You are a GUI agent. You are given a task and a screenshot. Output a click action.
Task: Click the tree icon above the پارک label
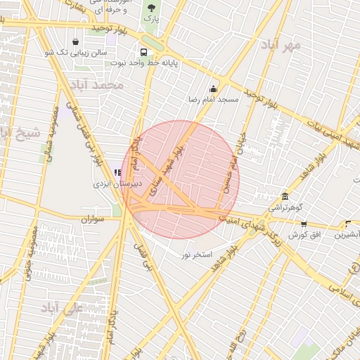(x=151, y=8)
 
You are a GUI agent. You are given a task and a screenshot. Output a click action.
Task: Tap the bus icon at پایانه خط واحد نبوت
(x=144, y=52)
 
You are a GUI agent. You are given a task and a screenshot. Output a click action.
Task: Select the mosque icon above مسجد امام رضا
(x=213, y=89)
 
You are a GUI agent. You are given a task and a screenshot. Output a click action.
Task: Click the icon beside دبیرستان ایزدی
(x=117, y=172)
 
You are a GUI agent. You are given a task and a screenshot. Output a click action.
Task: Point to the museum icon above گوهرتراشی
(x=285, y=197)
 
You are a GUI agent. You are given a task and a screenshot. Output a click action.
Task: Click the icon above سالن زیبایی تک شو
(x=75, y=41)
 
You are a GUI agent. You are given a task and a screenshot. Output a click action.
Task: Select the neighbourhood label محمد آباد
(x=102, y=84)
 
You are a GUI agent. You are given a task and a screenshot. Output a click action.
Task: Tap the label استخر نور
(x=197, y=252)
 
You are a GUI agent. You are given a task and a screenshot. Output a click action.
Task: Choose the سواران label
(x=92, y=219)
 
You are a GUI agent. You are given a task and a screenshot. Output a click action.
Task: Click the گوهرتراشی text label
(x=283, y=208)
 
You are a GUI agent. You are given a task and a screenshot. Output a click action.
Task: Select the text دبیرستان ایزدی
(x=118, y=183)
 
